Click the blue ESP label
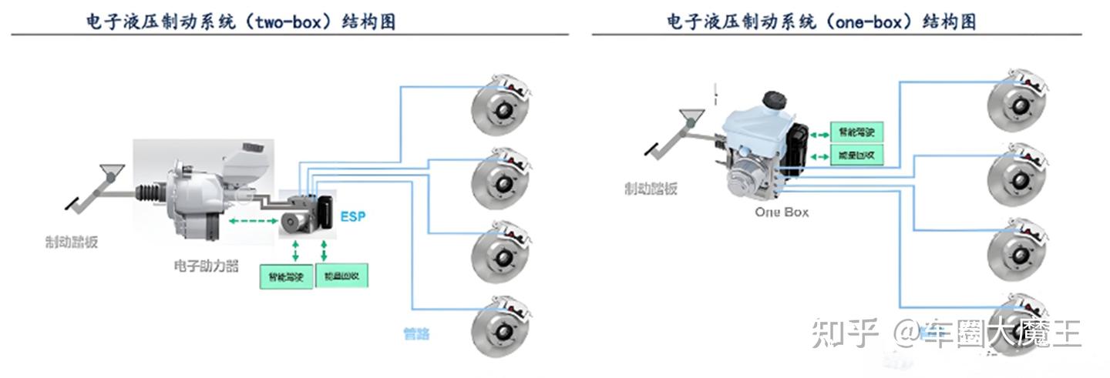point(353,217)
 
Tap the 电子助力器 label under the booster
point(206,266)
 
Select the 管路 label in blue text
point(416,333)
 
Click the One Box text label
point(782,212)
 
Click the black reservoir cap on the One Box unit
point(773,100)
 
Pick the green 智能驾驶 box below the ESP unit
point(288,276)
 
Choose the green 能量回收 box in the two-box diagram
point(341,276)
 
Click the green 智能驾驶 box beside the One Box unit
point(855,132)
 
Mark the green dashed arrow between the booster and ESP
point(252,221)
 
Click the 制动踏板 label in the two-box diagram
point(72,243)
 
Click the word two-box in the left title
point(296,22)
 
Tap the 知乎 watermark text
point(845,333)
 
